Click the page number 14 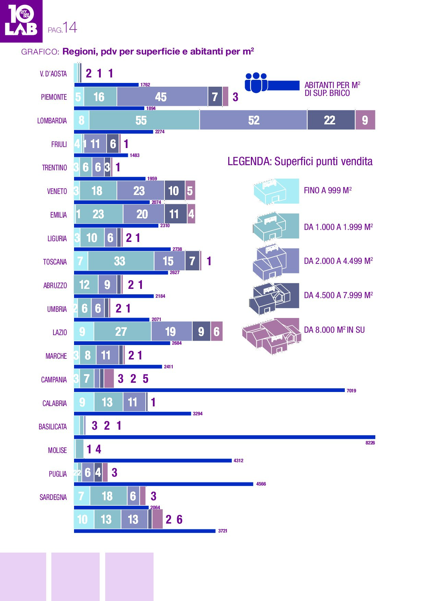click(x=70, y=27)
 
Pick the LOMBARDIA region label click(x=52, y=121)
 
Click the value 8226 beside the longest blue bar click(x=370, y=443)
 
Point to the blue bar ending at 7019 click(x=209, y=390)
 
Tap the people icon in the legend click(x=256, y=83)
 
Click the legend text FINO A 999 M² click(x=328, y=191)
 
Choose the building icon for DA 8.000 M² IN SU click(x=272, y=336)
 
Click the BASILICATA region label click(x=53, y=427)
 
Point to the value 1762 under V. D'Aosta click(x=145, y=85)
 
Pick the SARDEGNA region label click(x=53, y=498)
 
